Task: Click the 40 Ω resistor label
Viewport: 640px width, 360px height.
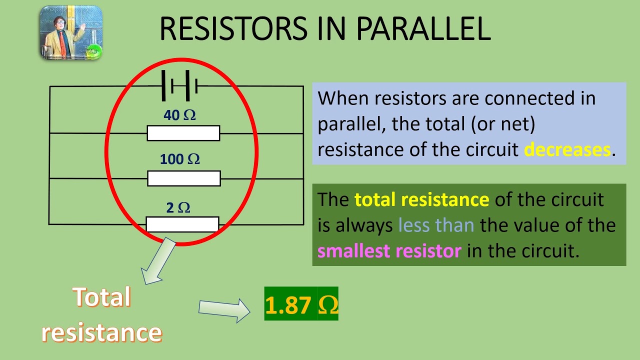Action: [179, 115]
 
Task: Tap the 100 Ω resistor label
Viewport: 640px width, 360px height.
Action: [179, 159]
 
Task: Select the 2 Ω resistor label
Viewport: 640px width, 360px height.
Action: [178, 208]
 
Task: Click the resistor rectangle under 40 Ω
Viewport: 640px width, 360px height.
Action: [183, 133]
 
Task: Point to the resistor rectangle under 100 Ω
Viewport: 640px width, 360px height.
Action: [183, 178]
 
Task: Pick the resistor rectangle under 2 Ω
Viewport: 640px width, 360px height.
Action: [182, 224]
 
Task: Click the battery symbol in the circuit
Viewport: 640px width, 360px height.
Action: [179, 86]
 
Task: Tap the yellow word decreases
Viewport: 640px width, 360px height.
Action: [567, 149]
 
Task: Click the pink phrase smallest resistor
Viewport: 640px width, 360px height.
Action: [389, 250]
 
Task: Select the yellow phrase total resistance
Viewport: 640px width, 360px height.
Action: [421, 199]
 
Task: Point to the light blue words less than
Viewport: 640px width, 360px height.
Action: [436, 225]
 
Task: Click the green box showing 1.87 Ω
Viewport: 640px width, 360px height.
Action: [301, 304]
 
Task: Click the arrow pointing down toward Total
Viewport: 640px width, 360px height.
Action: [158, 261]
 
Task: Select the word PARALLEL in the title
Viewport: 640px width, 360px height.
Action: [423, 28]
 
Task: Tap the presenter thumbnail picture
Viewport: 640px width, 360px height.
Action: [71, 33]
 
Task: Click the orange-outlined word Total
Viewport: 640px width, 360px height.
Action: [101, 297]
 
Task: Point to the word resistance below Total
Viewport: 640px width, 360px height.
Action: [101, 332]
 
